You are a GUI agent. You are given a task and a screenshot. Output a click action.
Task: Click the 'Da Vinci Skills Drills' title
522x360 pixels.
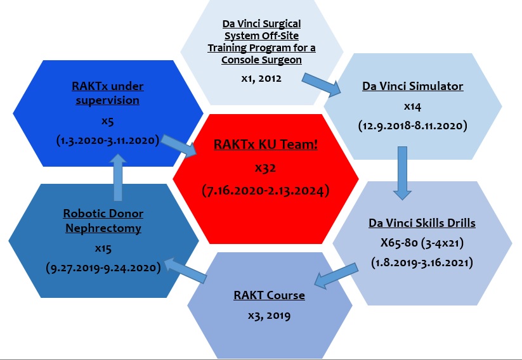(x=422, y=224)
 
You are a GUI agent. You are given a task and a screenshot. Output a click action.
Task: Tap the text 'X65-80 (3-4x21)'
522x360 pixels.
(x=422, y=243)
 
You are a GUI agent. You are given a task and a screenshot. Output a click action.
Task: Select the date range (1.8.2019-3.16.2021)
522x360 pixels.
(x=422, y=261)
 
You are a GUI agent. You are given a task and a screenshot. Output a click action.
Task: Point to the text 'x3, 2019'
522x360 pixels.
(x=269, y=314)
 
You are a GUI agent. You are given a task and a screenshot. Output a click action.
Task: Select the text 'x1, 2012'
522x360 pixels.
(x=261, y=79)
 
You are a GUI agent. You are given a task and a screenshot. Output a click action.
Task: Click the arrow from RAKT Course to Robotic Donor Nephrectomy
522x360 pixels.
(x=185, y=267)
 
